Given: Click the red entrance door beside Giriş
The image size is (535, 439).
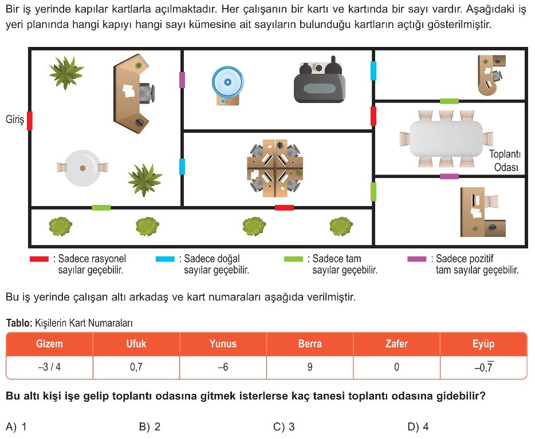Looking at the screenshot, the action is pyautogui.click(x=30, y=120).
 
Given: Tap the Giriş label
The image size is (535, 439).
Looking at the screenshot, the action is pyautogui.click(x=15, y=119).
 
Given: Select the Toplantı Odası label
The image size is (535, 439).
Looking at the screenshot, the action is pyautogui.click(x=506, y=160).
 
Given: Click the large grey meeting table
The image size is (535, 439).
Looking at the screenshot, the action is pyautogui.click(x=446, y=139).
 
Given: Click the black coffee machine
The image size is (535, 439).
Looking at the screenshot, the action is pyautogui.click(x=320, y=80).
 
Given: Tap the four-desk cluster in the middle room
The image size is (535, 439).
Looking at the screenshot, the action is pyautogui.click(x=275, y=168).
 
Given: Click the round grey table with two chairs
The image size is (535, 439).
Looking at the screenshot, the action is pyautogui.click(x=82, y=168).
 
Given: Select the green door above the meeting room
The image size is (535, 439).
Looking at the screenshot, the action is pyautogui.click(x=449, y=101).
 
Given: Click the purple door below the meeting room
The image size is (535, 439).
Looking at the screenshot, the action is pyautogui.click(x=449, y=176).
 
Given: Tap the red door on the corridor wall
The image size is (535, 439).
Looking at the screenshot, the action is pyautogui.click(x=284, y=207).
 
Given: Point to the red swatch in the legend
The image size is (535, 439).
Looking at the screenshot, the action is pyautogui.click(x=40, y=259).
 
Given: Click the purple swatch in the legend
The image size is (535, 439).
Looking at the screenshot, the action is pyautogui.click(x=416, y=259).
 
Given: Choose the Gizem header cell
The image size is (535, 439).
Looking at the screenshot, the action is pyautogui.click(x=49, y=343).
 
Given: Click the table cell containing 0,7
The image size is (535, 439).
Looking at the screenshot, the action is pyautogui.click(x=136, y=367).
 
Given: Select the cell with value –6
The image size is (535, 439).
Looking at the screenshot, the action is pyautogui.click(x=223, y=367).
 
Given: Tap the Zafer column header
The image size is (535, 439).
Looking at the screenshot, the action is pyautogui.click(x=396, y=343).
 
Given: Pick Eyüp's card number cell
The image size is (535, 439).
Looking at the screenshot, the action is pyautogui.click(x=483, y=367).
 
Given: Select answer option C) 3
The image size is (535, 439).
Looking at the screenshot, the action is pyautogui.click(x=284, y=426).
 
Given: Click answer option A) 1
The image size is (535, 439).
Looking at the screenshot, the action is pyautogui.click(x=16, y=426).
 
